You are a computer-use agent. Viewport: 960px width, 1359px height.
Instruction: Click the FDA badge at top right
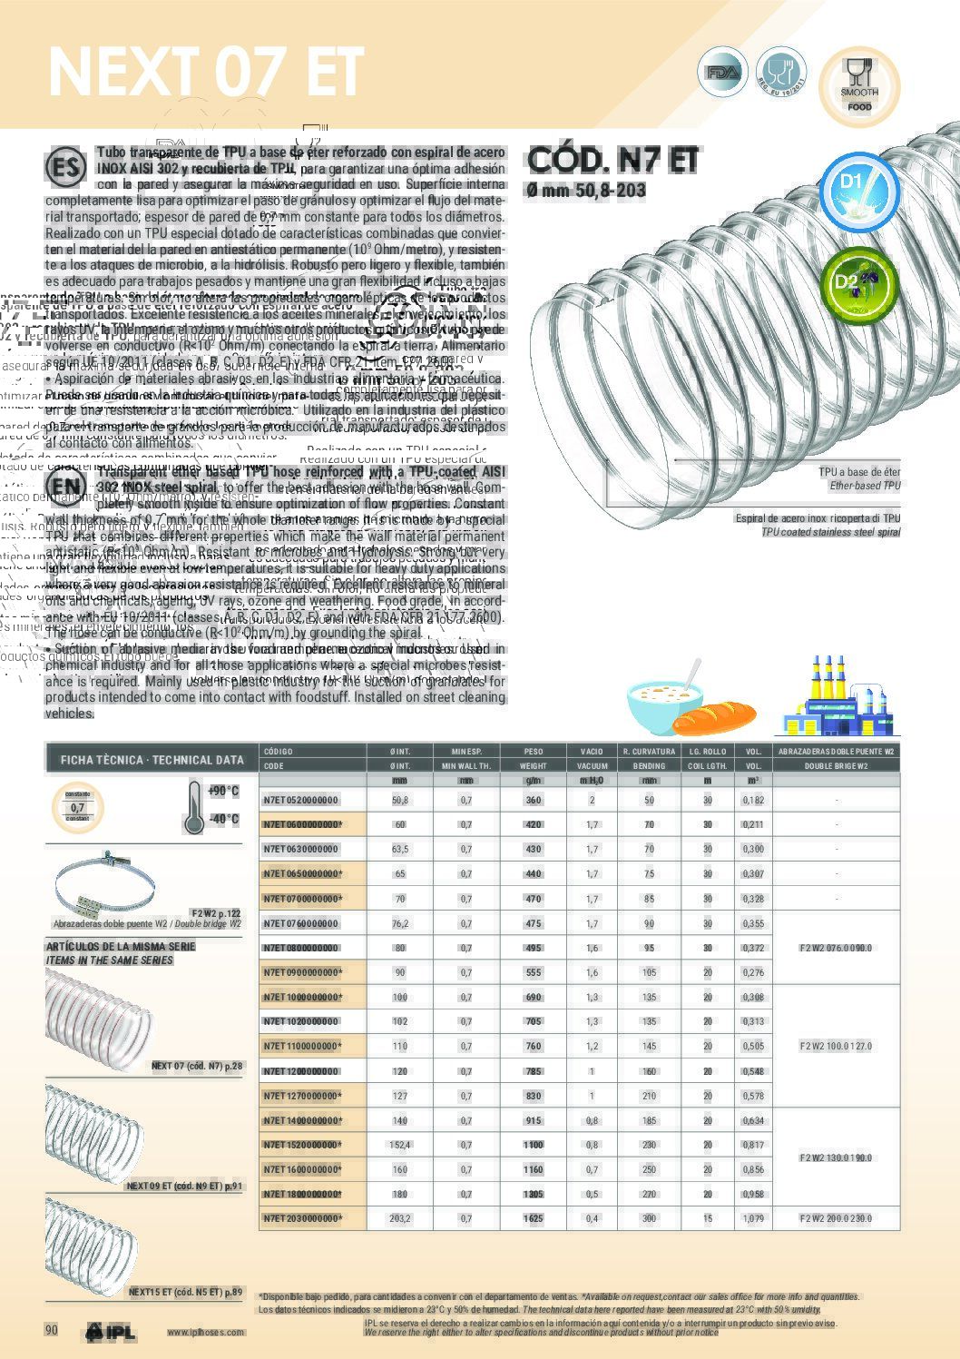click(723, 73)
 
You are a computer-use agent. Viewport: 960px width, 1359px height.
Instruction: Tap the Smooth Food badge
click(858, 86)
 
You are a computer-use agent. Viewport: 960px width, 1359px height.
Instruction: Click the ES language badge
click(65, 169)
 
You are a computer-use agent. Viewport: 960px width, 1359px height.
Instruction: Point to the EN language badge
click(66, 486)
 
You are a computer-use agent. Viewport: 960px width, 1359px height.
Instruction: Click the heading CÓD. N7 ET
click(612, 161)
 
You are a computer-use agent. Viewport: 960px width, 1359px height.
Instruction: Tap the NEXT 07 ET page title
click(206, 72)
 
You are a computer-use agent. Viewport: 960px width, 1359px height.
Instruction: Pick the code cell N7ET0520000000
click(300, 801)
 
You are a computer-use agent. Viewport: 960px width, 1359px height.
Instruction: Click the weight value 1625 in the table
click(534, 1218)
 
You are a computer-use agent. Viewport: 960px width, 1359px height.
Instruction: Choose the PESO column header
click(534, 752)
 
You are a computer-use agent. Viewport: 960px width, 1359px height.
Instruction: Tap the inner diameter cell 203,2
click(400, 1218)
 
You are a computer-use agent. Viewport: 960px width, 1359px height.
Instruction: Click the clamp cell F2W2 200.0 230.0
click(836, 1218)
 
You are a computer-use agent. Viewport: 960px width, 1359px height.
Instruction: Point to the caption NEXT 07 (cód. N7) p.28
click(197, 1066)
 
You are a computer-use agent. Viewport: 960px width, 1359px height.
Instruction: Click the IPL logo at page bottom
click(111, 1332)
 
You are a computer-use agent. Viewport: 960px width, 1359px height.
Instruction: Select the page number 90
click(52, 1330)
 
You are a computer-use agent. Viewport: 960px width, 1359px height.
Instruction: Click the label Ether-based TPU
click(865, 486)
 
